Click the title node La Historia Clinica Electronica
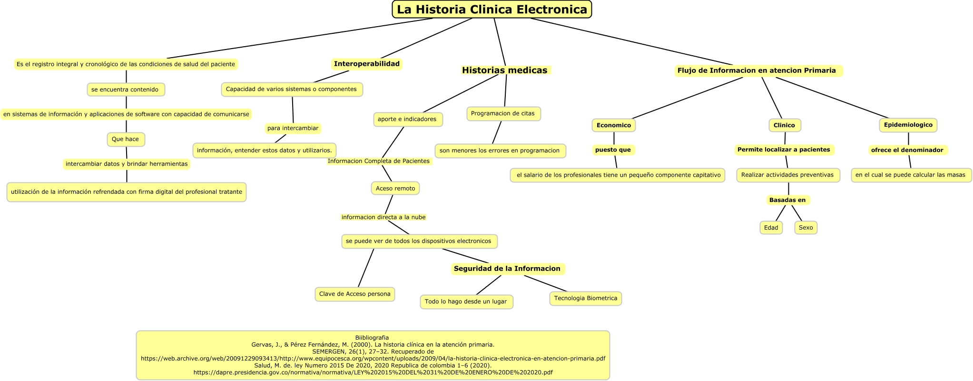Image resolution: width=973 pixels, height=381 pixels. click(491, 10)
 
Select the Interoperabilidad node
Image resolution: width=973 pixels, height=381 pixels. click(366, 64)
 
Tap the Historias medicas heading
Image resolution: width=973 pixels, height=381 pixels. click(505, 70)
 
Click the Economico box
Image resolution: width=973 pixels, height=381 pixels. click(613, 125)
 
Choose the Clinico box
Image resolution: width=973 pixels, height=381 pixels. click(784, 125)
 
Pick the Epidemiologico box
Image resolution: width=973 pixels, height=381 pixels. click(908, 125)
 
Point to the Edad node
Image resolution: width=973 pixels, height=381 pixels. click(771, 228)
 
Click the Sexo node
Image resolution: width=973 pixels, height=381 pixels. click(806, 228)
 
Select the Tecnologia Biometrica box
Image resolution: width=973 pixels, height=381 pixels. click(585, 299)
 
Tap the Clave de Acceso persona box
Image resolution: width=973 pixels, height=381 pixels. click(354, 294)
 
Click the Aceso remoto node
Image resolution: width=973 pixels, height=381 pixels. click(395, 189)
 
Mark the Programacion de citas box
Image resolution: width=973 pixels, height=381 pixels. click(503, 114)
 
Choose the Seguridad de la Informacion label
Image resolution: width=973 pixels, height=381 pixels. click(507, 269)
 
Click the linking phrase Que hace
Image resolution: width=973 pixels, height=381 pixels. click(126, 140)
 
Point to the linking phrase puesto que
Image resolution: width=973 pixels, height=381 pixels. click(613, 150)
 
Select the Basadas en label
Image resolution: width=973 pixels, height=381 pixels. click(787, 200)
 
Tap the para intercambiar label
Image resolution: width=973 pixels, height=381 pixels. click(293, 129)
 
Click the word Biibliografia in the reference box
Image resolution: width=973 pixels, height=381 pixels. click(372, 338)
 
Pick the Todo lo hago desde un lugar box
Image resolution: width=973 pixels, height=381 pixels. click(466, 302)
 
